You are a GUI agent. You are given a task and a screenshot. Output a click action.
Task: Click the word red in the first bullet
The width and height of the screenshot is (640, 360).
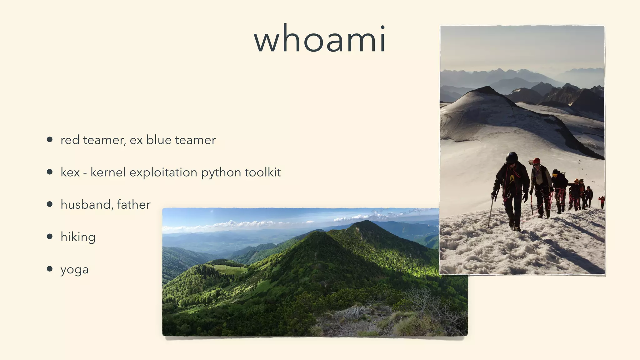point(70,140)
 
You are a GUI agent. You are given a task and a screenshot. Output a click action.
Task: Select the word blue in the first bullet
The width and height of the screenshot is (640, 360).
point(159,140)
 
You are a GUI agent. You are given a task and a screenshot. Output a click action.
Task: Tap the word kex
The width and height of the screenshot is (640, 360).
point(70,172)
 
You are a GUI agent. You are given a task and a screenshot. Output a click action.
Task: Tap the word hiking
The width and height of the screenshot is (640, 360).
point(78,237)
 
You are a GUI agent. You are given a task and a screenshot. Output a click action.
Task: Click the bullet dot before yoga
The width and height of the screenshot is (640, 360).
point(49,269)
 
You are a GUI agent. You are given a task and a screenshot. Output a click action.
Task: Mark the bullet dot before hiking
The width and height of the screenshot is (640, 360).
point(49,236)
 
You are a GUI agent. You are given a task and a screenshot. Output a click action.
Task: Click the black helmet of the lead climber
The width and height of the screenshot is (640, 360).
point(512,157)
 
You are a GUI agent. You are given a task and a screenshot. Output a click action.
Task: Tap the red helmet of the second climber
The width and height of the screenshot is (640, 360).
point(537,161)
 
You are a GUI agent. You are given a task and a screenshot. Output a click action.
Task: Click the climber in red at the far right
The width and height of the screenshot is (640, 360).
point(602,202)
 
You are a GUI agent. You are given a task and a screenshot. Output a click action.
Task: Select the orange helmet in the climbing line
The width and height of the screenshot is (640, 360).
point(577,181)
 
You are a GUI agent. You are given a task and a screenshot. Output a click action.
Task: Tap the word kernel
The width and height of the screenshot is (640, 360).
point(108,172)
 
